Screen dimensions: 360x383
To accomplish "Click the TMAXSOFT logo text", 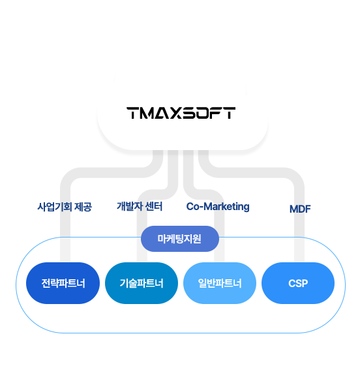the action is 181,113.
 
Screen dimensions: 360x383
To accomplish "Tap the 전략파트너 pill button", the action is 63,283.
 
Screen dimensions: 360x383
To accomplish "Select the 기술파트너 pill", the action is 142,283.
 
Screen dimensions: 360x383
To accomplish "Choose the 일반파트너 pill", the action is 220,283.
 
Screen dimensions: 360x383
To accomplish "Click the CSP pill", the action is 298,283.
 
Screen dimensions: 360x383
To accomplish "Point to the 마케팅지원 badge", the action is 180,239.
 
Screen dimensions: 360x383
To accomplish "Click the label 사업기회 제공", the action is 65,207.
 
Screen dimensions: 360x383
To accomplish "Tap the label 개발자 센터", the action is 140,206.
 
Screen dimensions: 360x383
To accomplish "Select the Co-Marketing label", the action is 218,207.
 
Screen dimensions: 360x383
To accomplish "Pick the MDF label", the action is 300,209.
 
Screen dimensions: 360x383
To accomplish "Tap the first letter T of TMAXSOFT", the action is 133,113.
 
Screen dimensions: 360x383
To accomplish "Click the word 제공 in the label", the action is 83,207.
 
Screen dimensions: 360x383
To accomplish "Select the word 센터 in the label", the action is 153,206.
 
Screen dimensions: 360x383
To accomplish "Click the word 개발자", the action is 130,206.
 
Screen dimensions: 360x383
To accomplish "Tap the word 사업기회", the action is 54,207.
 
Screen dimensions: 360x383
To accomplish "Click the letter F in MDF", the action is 308,209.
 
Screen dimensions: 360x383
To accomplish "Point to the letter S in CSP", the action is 298,283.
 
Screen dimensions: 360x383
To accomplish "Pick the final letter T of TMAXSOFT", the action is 230,113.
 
